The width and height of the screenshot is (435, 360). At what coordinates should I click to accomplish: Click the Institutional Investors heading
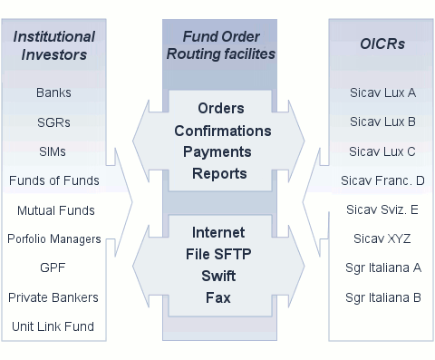coord(53,45)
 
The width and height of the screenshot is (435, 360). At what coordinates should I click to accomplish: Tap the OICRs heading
coord(382,44)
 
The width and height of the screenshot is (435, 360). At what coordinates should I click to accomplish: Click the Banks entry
coord(53,92)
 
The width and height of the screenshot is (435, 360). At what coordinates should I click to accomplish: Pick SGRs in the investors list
coord(53,122)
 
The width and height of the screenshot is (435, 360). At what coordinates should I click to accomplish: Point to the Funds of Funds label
coord(53,180)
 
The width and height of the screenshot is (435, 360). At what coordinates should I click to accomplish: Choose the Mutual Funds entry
coord(55,210)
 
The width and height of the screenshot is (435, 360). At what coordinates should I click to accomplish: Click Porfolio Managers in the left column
coord(54,239)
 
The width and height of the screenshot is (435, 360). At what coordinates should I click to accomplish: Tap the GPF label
coord(53,268)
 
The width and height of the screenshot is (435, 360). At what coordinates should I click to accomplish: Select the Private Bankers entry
coord(53,297)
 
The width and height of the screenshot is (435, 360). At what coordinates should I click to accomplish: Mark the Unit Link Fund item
coord(53,326)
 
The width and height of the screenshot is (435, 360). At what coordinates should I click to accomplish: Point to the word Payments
coord(217,151)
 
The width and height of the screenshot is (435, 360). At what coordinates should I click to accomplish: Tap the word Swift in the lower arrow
coord(217,277)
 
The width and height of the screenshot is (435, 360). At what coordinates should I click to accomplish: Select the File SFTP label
coord(217,256)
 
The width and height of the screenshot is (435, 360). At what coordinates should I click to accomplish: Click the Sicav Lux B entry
coord(382,122)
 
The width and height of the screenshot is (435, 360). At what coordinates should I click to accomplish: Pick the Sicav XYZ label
coord(382,239)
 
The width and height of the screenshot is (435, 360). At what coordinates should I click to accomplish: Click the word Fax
coord(217,297)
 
